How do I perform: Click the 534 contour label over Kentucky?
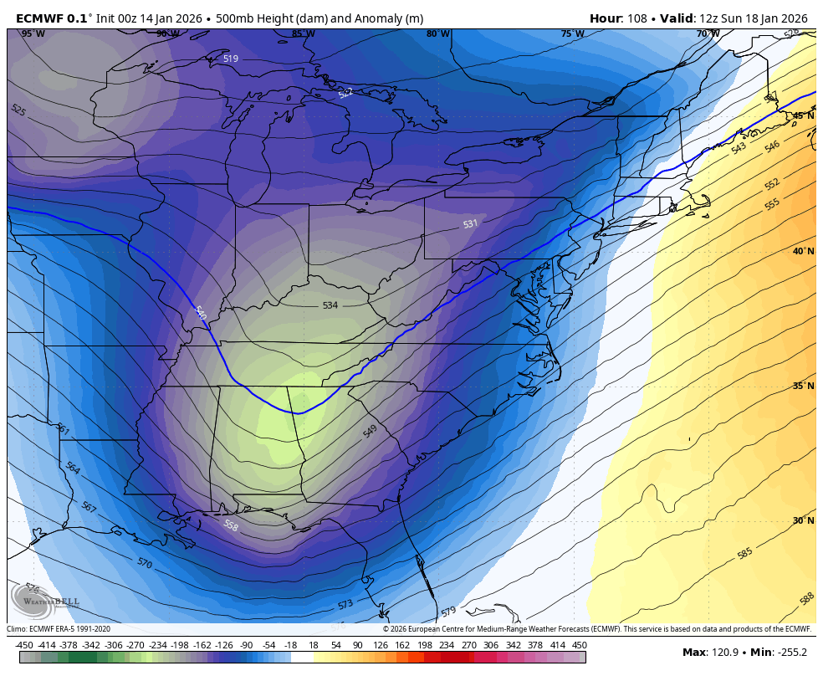coord(330,305)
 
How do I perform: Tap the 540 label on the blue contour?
coord(200,314)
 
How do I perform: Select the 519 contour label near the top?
coord(231,59)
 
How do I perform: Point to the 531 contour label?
coord(471,224)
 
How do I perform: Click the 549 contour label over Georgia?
coord(371,431)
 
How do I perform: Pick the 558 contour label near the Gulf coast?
coord(231,525)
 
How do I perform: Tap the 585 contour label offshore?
coord(744,553)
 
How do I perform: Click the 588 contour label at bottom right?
coord(806,599)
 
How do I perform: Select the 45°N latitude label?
coord(803,115)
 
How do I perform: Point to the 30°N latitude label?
coord(803,520)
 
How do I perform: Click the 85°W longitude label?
coord(303,34)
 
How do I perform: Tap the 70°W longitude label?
coord(708,34)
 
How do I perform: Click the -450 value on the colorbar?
coord(24,646)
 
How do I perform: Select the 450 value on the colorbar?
coord(579,646)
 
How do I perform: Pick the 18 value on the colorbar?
coord(313,646)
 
